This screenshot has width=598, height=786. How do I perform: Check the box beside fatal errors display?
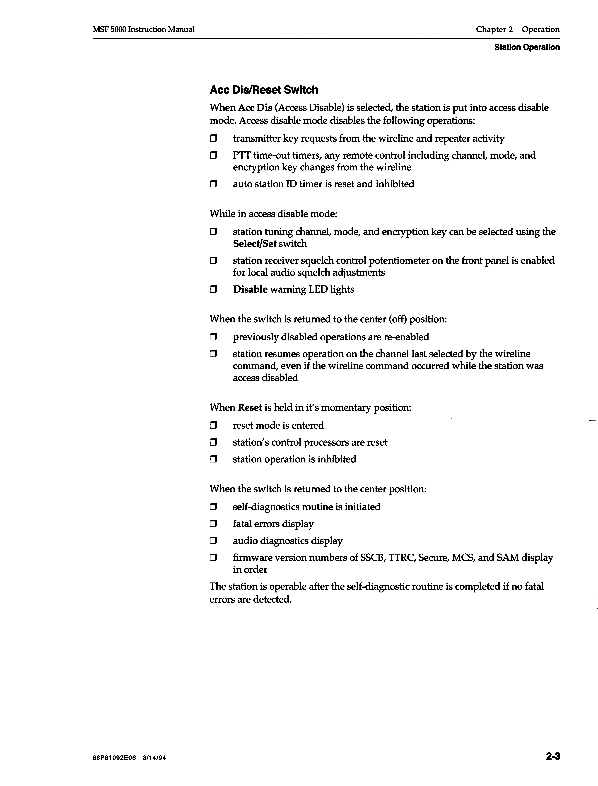213,524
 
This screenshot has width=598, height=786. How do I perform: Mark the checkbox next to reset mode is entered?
213,425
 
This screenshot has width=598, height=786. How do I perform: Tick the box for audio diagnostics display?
213,541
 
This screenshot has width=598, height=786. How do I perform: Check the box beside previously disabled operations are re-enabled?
213,337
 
